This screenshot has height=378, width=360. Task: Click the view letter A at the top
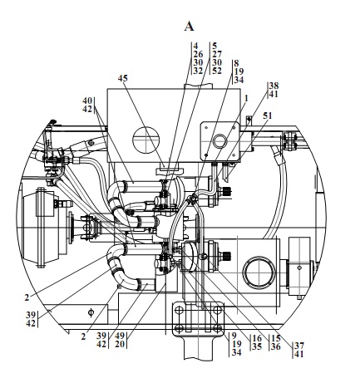coord(189,27)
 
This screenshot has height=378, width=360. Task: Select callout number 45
coord(123,78)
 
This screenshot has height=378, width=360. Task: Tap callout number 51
coord(268,115)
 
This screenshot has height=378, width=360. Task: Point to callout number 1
coord(246,98)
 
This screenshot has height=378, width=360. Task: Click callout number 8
coord(236,63)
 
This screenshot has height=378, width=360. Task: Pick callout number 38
coord(274,86)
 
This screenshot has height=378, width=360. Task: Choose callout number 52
coord(217,71)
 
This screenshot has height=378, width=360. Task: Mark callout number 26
coord(198,54)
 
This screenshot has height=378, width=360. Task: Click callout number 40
coord(87,101)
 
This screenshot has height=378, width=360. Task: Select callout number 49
coord(120,336)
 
